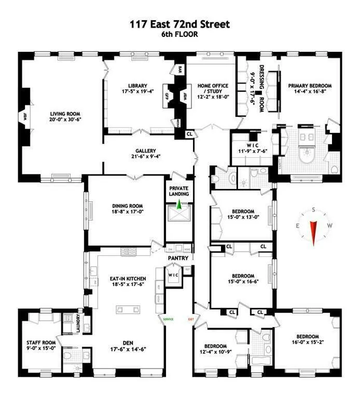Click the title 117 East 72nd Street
click(179, 24)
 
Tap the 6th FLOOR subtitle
click(179, 35)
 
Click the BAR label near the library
click(181, 70)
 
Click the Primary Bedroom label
click(310, 86)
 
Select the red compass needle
click(313, 233)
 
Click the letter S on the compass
click(313, 210)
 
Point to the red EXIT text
click(191, 319)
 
